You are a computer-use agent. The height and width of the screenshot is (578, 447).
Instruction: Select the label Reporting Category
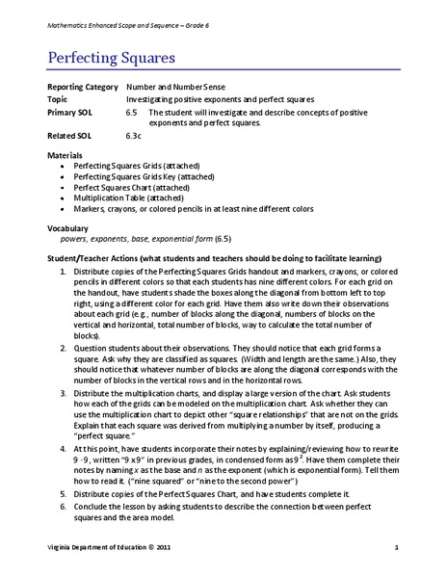[83, 87]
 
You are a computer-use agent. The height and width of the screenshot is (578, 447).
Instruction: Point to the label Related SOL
[69, 136]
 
